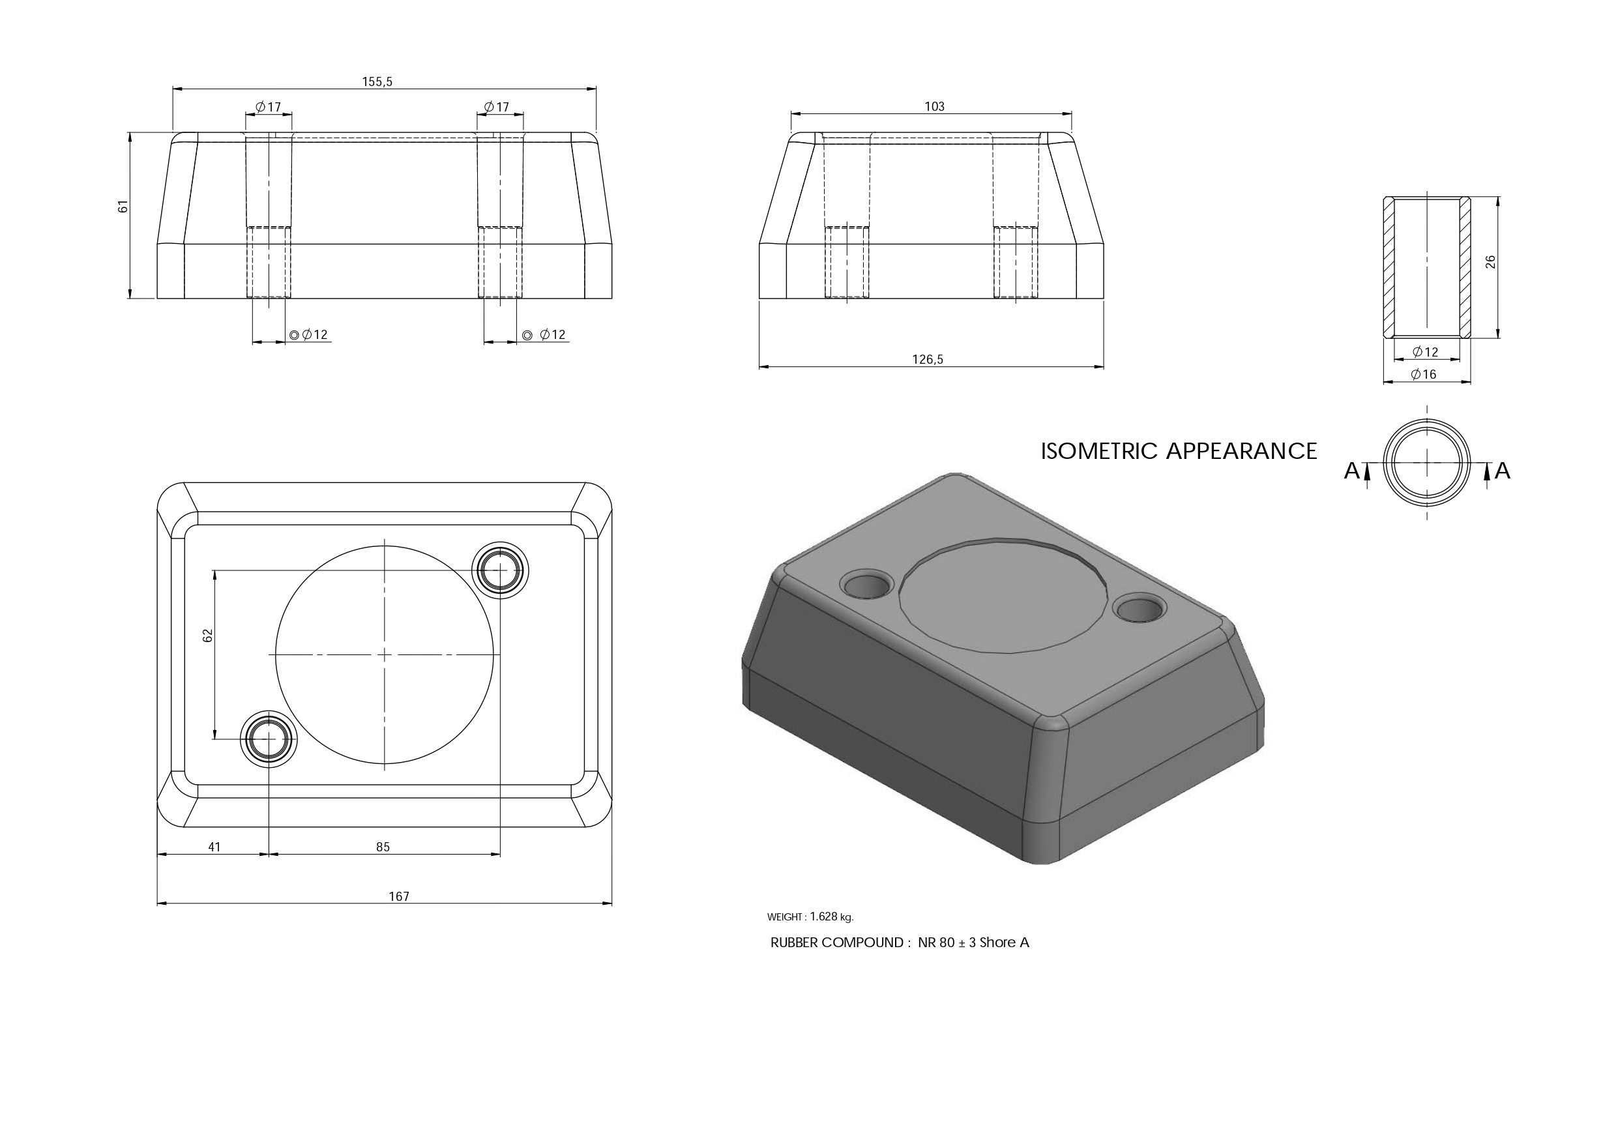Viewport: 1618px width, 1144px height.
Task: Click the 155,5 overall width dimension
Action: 377,81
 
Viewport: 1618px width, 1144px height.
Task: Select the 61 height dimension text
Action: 123,207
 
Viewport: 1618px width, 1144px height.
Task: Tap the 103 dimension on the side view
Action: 934,106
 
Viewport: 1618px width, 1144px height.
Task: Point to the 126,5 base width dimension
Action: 928,359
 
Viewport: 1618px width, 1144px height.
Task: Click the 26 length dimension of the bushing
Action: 1490,261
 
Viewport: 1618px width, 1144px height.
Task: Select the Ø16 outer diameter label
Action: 1424,374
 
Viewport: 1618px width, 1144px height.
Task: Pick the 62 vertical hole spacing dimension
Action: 207,635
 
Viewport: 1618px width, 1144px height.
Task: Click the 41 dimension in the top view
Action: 214,847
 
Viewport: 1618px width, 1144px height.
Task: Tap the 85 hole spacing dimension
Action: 383,847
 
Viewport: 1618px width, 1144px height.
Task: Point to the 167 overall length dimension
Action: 399,896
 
